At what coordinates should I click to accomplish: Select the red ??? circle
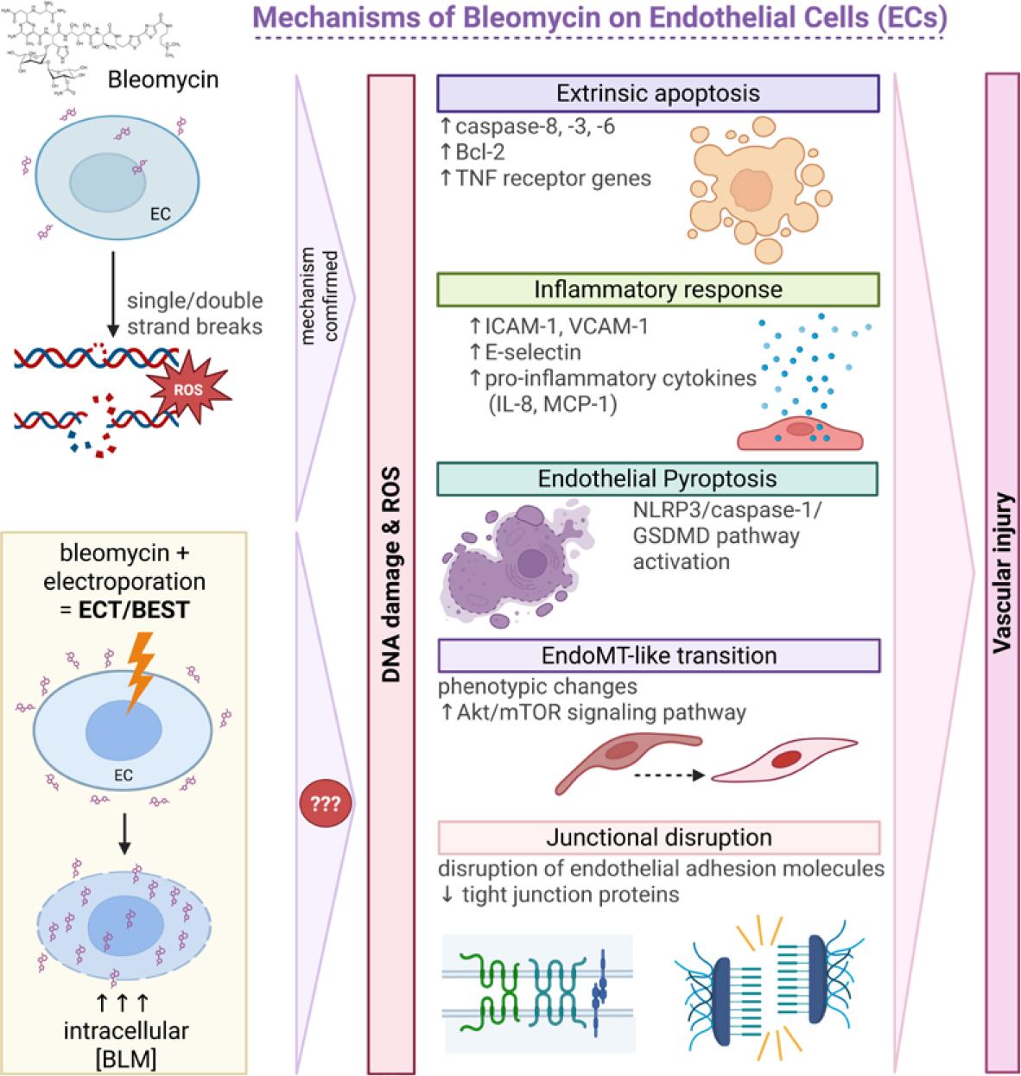(320, 804)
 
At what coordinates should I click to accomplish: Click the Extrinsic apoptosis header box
(658, 93)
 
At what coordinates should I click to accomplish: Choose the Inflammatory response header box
(658, 289)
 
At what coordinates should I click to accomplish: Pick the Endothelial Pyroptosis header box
(657, 478)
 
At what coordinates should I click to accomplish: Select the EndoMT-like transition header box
(658, 655)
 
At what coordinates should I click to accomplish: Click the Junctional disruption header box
(658, 837)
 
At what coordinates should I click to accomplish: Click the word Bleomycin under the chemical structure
(163, 81)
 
